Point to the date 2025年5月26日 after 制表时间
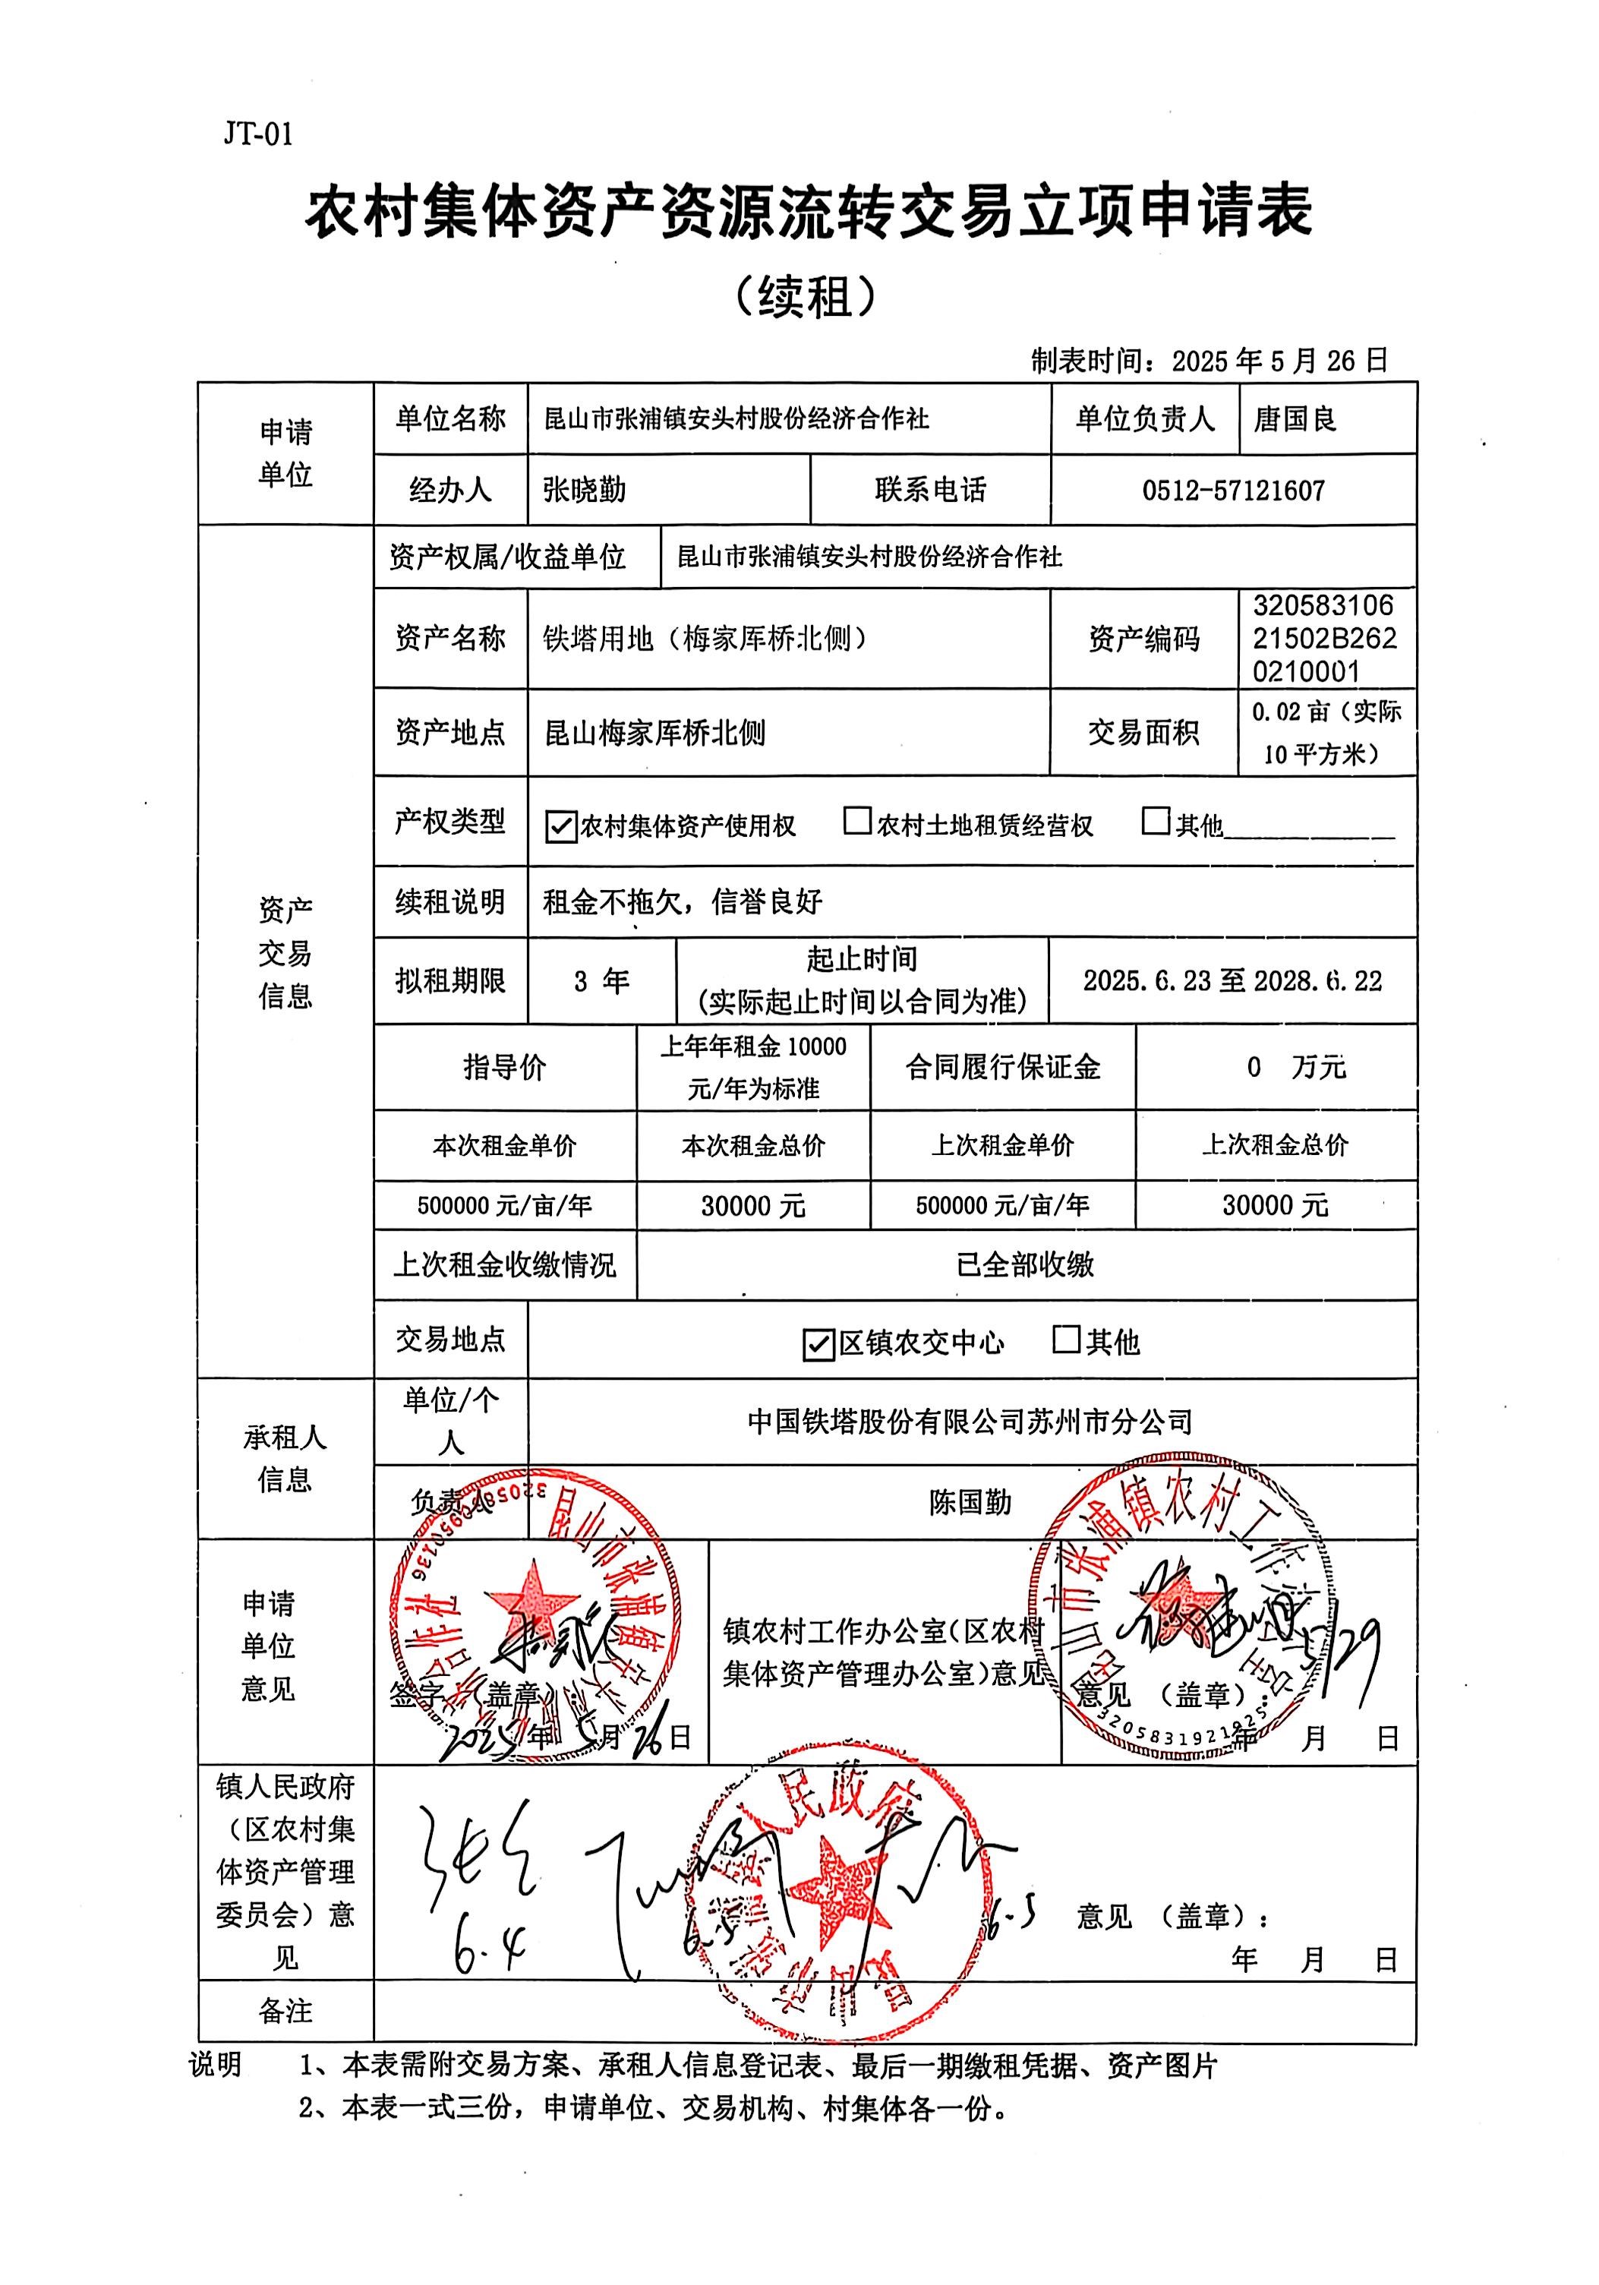(1279, 360)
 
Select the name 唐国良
(1295, 419)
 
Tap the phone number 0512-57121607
(1233, 490)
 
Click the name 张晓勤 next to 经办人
(584, 490)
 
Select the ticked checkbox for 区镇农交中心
(818, 1345)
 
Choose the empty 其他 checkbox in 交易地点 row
(1066, 1340)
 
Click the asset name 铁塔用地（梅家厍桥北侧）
(705, 638)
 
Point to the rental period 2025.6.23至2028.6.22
(1232, 981)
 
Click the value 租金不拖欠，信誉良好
(683, 901)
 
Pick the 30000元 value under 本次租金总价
(752, 1206)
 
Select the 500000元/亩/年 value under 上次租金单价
(1002, 1206)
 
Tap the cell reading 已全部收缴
(1025, 1265)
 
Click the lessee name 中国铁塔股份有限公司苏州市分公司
(970, 1421)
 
